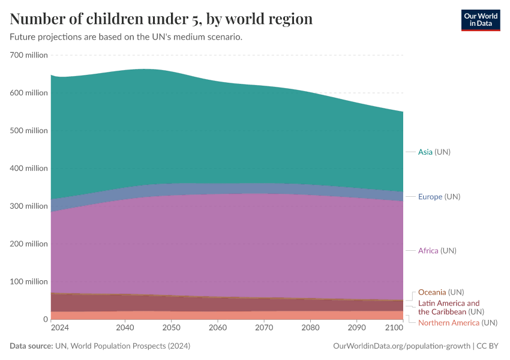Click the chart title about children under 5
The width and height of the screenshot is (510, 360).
click(161, 19)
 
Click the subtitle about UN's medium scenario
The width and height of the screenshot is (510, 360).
click(126, 37)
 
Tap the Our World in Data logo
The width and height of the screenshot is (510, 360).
click(480, 20)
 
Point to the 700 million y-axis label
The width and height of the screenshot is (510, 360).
click(29, 55)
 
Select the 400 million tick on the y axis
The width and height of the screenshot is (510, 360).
click(29, 168)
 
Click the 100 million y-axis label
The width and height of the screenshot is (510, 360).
click(29, 281)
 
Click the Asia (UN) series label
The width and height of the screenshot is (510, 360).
click(434, 152)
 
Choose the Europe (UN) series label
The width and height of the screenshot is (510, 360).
click(439, 197)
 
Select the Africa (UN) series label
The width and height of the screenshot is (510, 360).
click(437, 250)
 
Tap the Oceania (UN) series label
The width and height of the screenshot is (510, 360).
click(441, 292)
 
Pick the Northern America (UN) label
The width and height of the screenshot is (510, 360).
click(457, 323)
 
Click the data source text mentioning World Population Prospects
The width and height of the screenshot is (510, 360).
click(100, 346)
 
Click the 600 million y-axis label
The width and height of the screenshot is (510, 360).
click(29, 93)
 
